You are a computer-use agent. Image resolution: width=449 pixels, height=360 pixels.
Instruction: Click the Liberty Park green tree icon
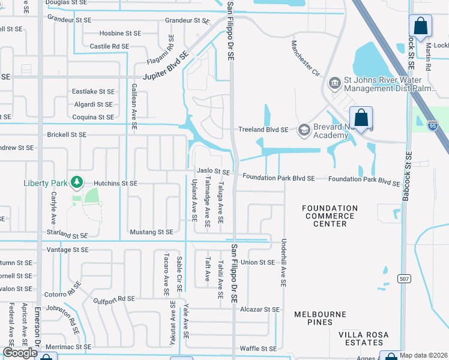76,182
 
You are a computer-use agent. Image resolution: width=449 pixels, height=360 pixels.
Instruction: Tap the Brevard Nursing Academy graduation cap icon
304,129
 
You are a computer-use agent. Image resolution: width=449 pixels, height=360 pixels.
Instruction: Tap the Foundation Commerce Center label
330,216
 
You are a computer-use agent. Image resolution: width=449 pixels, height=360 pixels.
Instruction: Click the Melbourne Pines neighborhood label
320,318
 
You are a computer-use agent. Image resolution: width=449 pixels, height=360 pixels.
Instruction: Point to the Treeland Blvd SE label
264,129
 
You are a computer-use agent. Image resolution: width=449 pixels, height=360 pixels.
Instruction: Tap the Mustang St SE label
151,232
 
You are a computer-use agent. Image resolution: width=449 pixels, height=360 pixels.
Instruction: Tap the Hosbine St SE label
120,33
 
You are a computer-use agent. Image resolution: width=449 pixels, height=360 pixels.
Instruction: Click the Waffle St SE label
258,348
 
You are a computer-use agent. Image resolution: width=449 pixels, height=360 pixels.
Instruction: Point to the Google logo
20,353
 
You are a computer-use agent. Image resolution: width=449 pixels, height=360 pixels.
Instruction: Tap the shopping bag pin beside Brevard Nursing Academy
361,118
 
